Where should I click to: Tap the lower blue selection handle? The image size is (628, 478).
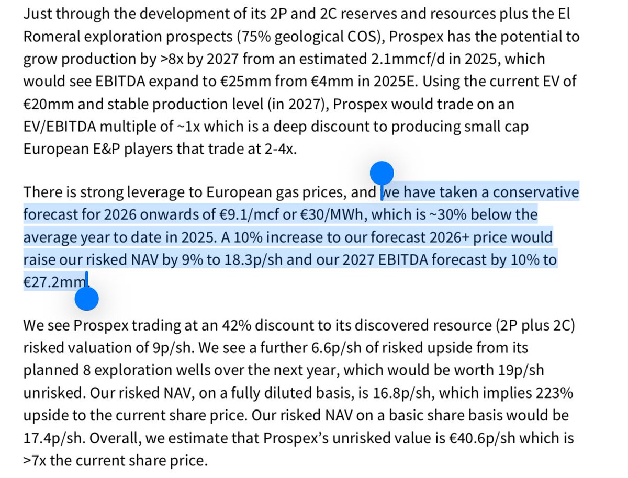[x=87, y=300]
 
